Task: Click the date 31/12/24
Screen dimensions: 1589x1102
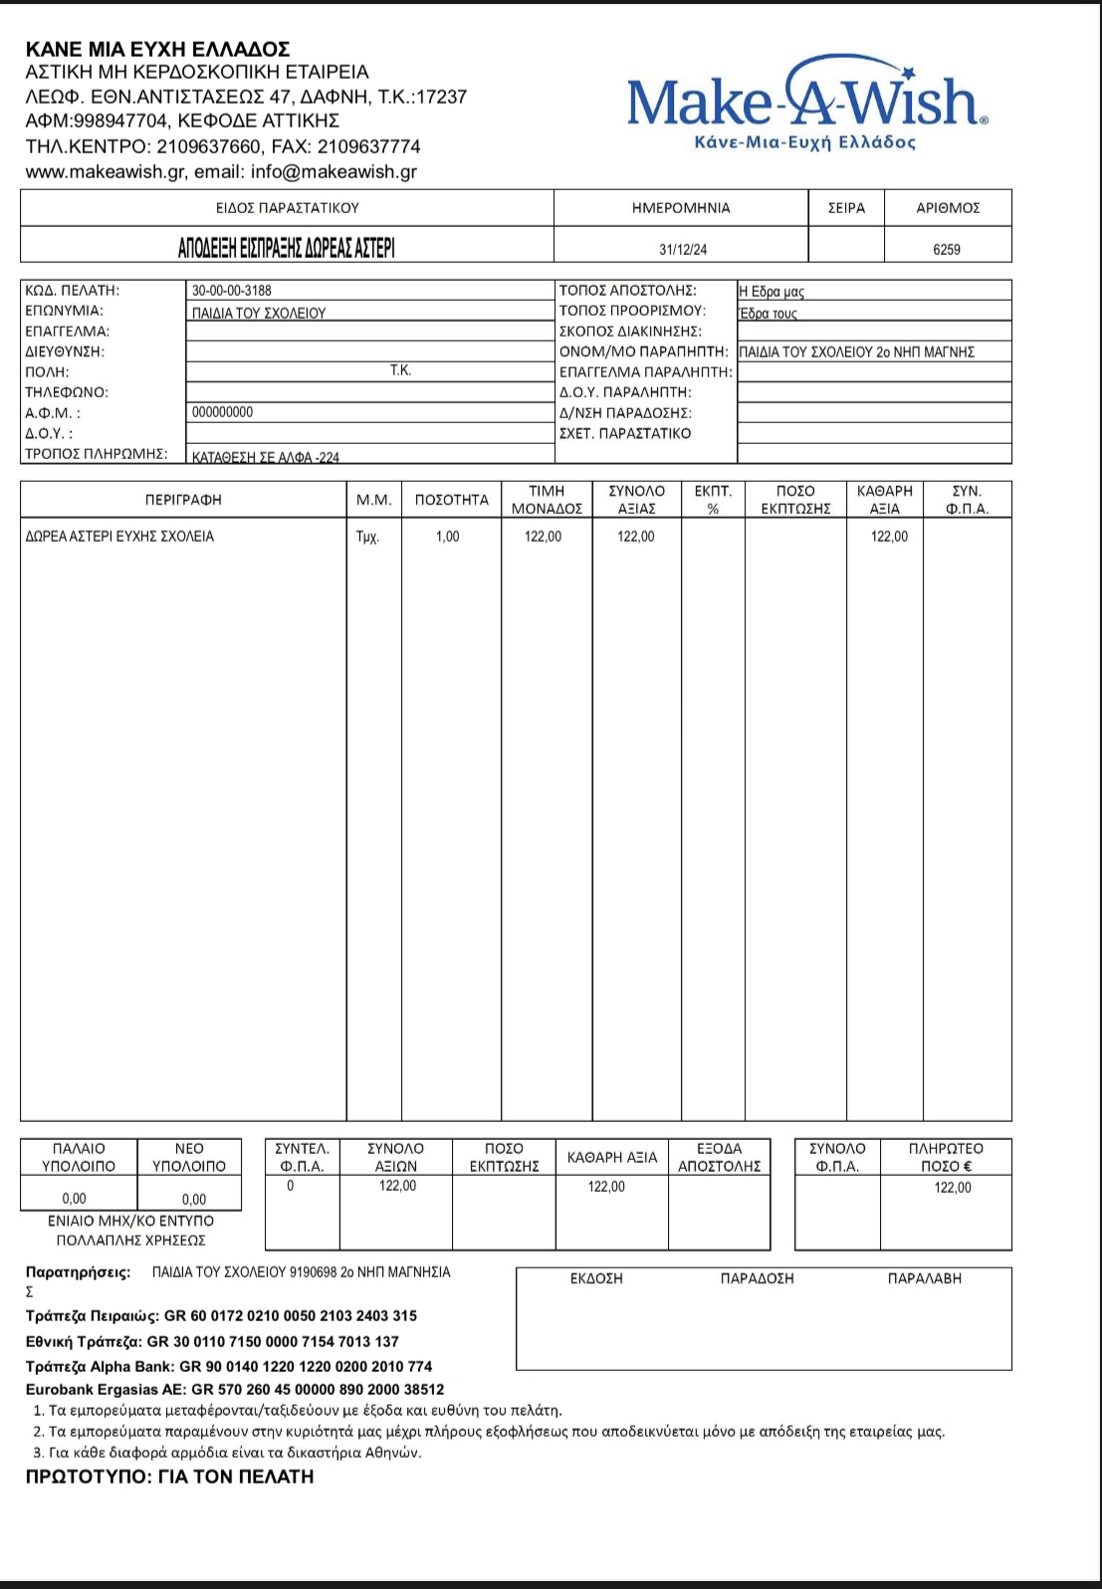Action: [x=683, y=249]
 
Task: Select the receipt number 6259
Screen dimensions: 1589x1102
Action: [x=947, y=249]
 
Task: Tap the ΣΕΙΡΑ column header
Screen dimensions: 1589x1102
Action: [x=846, y=208]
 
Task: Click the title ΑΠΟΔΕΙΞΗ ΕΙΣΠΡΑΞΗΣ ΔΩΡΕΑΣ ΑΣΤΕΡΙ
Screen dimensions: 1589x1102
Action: [x=287, y=248]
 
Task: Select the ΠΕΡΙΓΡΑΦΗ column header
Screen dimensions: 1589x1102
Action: [x=183, y=500]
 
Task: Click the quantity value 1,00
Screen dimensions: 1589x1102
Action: [x=448, y=537]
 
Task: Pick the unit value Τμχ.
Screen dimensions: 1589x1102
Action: [x=367, y=537]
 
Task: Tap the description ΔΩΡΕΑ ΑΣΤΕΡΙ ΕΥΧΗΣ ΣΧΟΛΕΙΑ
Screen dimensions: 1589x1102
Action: [x=119, y=537]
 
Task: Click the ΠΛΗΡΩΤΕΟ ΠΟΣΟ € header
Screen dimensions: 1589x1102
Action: [x=946, y=1157]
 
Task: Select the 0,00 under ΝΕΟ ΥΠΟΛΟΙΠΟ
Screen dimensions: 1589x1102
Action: [x=194, y=1199]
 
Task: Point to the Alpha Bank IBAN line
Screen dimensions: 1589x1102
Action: [x=229, y=1366]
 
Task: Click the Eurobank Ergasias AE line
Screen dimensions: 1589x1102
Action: [x=235, y=1389]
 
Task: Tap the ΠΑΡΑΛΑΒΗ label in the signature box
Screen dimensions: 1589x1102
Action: [x=925, y=1278]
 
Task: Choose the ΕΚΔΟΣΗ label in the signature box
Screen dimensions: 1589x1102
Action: [x=596, y=1278]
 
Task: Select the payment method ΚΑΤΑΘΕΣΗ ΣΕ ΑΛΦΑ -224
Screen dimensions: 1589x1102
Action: [x=266, y=458]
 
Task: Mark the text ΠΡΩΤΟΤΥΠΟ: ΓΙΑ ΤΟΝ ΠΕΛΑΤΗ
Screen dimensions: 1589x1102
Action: [x=169, y=1476]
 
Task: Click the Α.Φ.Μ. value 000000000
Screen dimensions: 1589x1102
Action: [x=223, y=412]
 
